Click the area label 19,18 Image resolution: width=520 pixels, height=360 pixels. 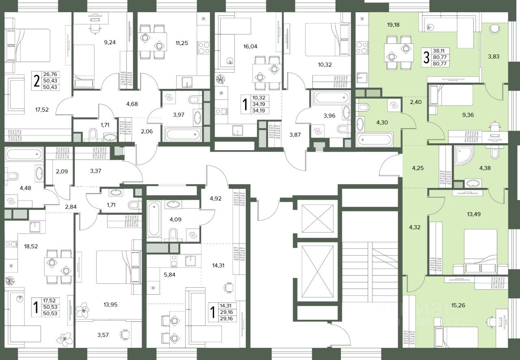[393, 25]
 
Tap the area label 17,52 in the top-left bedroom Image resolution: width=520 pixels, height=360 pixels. [42, 110]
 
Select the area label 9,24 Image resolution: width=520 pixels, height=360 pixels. [110, 42]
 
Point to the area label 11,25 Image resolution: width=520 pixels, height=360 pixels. [182, 43]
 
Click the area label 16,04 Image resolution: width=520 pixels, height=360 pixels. [250, 46]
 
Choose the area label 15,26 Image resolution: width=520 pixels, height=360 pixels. [458, 305]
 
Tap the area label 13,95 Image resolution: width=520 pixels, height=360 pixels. [110, 304]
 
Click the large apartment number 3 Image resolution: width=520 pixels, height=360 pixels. [426, 58]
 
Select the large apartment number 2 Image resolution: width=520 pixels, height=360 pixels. [37, 81]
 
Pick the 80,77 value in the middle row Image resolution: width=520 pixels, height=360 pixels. [440, 57]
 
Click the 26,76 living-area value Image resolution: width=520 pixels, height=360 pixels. [50, 74]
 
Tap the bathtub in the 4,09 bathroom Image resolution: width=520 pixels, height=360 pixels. [154, 219]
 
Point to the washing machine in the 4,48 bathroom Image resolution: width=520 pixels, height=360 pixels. [11, 201]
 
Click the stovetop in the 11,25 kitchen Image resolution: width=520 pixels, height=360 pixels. [204, 48]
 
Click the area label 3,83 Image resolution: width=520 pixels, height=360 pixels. [494, 56]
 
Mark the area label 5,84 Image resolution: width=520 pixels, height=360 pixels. [169, 275]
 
